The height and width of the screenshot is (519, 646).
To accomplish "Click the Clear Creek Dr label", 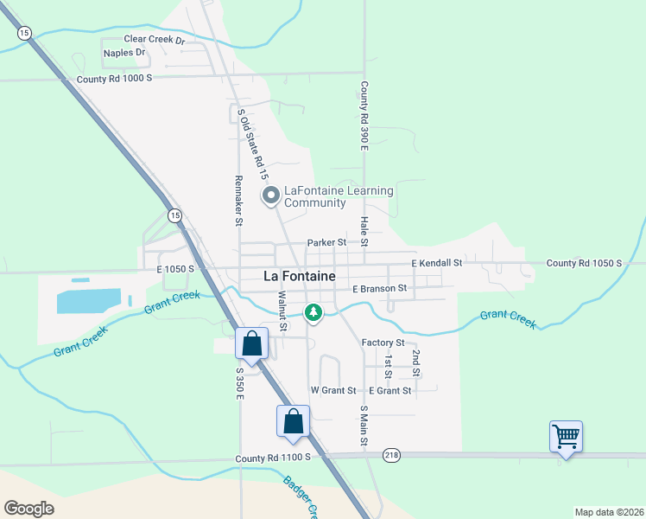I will click(x=155, y=40).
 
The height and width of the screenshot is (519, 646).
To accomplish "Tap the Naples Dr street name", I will click(x=124, y=53).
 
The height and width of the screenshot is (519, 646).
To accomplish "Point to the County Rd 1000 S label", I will click(x=114, y=78).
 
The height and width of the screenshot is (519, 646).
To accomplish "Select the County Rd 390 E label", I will click(x=364, y=116).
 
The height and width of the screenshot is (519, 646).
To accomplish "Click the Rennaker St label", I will click(x=238, y=200).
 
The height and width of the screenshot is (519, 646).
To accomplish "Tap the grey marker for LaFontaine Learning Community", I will click(x=270, y=196).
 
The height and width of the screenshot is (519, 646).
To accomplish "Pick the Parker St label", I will click(x=326, y=243).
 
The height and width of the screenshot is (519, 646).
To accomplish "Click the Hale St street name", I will click(x=364, y=229).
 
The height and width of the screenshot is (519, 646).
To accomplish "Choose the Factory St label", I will click(x=383, y=343).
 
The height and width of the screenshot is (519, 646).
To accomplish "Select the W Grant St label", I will click(x=333, y=391).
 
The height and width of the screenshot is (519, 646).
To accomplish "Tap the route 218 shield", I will click(x=392, y=455).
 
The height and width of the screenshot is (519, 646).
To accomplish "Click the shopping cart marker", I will click(x=566, y=436).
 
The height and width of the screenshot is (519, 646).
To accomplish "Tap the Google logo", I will click(x=28, y=509).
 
